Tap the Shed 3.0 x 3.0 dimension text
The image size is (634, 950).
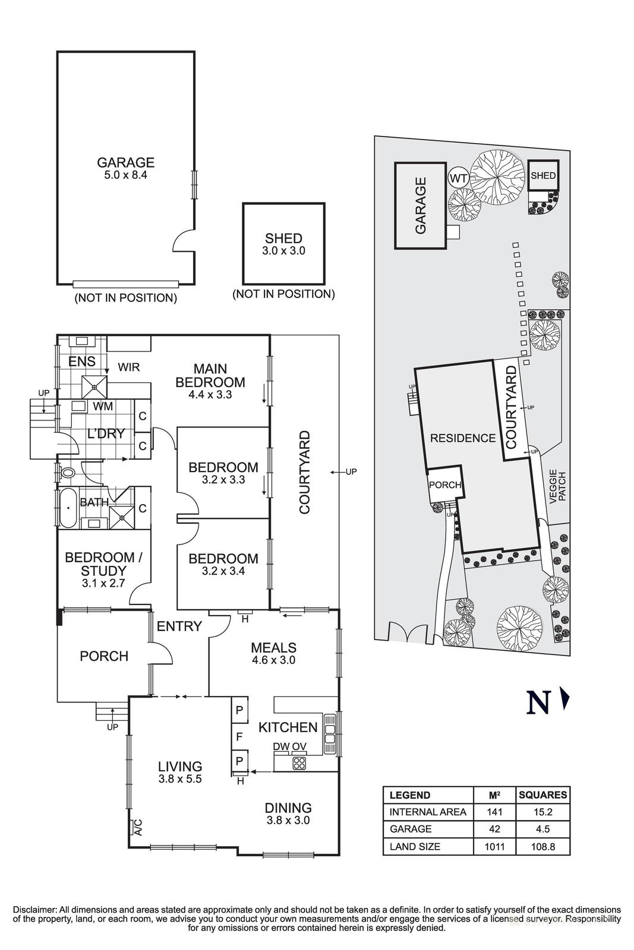(x=283, y=251)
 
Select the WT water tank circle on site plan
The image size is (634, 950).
(x=458, y=178)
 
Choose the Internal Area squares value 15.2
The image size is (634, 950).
(x=542, y=812)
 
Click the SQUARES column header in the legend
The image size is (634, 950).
(x=542, y=795)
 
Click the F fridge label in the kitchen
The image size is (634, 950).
(x=239, y=737)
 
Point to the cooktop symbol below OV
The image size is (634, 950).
(x=299, y=764)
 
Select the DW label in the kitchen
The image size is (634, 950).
(x=281, y=746)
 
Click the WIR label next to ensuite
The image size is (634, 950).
(x=128, y=368)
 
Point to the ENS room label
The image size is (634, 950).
(x=82, y=362)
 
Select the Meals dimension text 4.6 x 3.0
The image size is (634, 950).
(x=273, y=660)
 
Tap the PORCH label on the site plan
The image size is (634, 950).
(x=444, y=485)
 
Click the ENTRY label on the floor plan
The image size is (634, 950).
(x=179, y=626)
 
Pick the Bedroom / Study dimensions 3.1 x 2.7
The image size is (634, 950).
(x=103, y=583)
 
